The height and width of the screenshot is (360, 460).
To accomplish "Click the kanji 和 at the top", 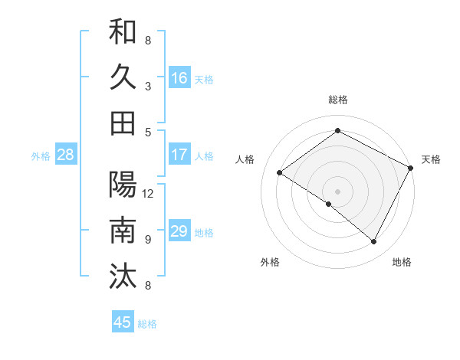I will pyautogui.click(x=123, y=33).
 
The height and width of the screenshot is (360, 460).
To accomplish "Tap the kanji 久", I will pyautogui.click(x=123, y=77).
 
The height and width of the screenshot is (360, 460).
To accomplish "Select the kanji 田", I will pyautogui.click(x=123, y=123).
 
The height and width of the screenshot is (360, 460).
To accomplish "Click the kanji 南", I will pyautogui.click(x=123, y=230).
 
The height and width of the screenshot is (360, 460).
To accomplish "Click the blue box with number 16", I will pyautogui.click(x=179, y=78).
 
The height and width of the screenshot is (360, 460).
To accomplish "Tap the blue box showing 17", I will pyautogui.click(x=179, y=155).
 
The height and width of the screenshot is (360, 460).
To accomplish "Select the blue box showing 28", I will pyautogui.click(x=66, y=155).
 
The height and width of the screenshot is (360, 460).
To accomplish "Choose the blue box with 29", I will pyautogui.click(x=179, y=231).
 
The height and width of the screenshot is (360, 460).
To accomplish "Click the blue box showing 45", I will pyautogui.click(x=123, y=322).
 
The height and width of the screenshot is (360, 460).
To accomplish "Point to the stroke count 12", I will pyautogui.click(x=148, y=193).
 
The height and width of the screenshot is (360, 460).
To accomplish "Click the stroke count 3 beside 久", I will pyautogui.click(x=148, y=86).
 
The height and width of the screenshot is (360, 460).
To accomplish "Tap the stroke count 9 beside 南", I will pyautogui.click(x=148, y=239).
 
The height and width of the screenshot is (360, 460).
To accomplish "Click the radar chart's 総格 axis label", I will pyautogui.click(x=337, y=100).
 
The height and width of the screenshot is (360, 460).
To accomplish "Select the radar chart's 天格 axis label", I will pyautogui.click(x=431, y=159).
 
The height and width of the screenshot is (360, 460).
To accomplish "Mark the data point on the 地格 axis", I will pyautogui.click(x=374, y=242).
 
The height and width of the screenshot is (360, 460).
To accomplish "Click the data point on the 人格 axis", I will pyautogui.click(x=280, y=173).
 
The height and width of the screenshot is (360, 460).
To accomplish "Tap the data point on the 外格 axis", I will pyautogui.click(x=329, y=204).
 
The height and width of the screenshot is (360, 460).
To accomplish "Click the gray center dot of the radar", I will pyautogui.click(x=337, y=191).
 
